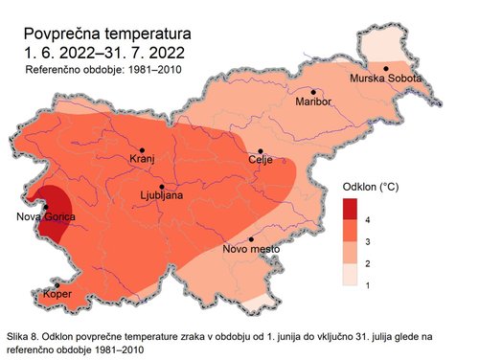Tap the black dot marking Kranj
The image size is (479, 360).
[142, 151]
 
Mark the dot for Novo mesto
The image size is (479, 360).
[251, 239]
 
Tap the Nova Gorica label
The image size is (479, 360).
[45, 218]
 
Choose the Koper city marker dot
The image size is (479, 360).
[57, 285]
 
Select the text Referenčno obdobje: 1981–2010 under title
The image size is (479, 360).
[103, 70]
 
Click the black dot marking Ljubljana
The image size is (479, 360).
[163, 187]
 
